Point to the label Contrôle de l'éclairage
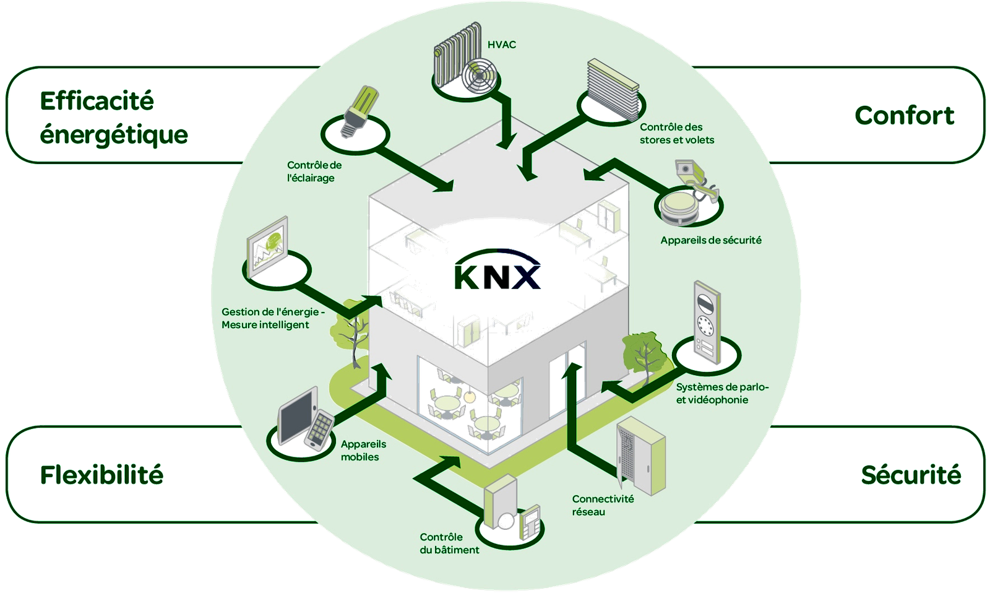coord(314,171)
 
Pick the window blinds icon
coord(612,87)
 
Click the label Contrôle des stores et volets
coord(676,134)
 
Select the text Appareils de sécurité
coord(710,240)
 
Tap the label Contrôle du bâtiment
coord(449,543)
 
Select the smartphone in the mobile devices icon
coord(318,428)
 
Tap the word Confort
coord(904,116)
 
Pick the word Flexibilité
coord(102,475)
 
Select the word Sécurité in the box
coord(910,475)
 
